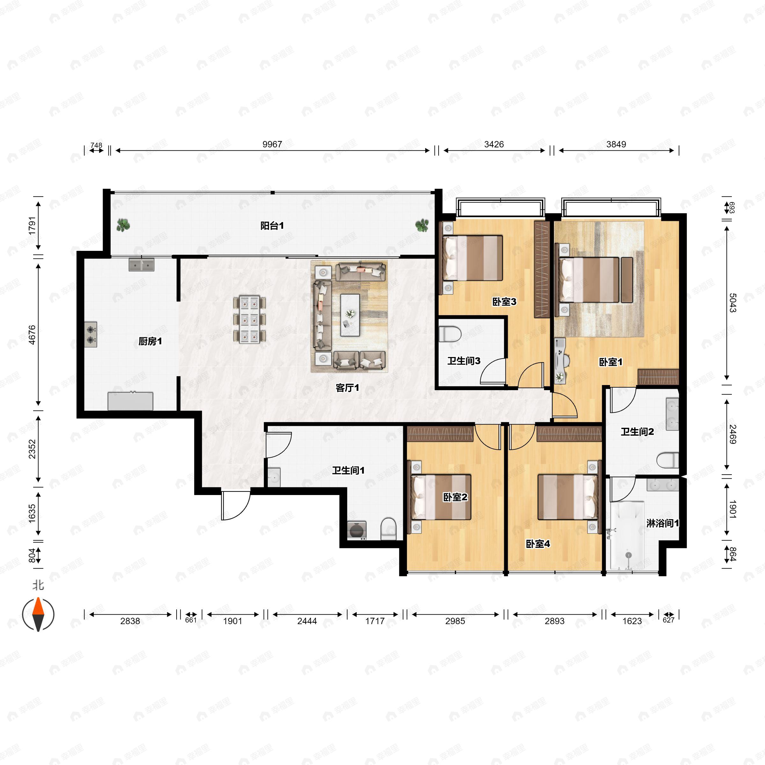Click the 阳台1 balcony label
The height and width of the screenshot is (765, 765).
click(272, 226)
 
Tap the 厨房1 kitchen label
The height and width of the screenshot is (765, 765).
click(150, 341)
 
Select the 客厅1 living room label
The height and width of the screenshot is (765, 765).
click(347, 388)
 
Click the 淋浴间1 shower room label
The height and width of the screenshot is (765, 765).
click(662, 523)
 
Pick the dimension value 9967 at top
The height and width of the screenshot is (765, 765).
click(272, 144)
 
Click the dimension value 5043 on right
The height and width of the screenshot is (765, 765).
click(732, 303)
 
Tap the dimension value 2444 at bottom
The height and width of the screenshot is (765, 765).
click(307, 621)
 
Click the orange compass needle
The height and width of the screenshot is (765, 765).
click(38, 606)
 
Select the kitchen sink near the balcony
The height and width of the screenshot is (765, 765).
click(141, 265)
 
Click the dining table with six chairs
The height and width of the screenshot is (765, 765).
click(250, 319)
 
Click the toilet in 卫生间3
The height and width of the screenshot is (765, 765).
click(450, 334)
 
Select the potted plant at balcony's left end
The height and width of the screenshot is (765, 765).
click(123, 225)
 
